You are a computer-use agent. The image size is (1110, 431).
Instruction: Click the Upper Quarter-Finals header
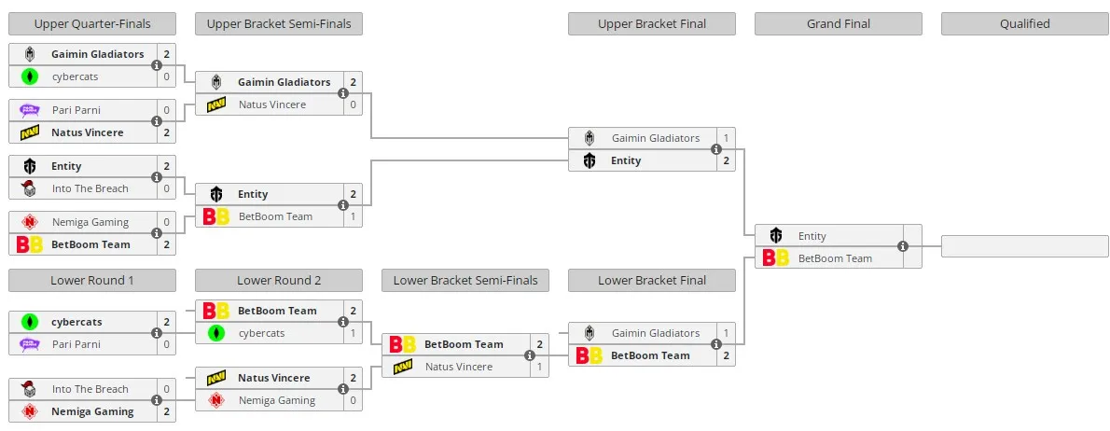click(x=92, y=24)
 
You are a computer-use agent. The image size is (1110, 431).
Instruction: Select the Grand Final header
click(x=839, y=24)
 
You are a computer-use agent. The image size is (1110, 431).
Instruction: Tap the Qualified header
click(x=1024, y=24)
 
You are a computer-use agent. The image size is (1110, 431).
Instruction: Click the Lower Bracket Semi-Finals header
click(x=465, y=280)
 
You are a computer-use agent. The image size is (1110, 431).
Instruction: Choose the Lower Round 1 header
click(x=92, y=280)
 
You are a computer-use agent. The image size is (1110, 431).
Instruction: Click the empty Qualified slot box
click(x=1024, y=246)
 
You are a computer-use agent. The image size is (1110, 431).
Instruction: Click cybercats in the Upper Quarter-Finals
click(x=75, y=76)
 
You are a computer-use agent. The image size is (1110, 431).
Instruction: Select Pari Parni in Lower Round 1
click(x=76, y=344)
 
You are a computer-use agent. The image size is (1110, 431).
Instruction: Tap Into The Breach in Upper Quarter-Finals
click(x=90, y=188)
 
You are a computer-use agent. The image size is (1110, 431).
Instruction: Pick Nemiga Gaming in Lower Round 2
click(x=277, y=400)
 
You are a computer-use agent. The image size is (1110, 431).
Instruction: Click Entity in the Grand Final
click(x=812, y=236)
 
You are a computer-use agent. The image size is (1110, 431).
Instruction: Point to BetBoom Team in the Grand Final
click(x=835, y=258)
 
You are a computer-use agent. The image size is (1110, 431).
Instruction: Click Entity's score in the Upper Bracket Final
click(x=726, y=160)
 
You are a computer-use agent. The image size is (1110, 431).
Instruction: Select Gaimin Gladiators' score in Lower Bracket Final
click(x=726, y=333)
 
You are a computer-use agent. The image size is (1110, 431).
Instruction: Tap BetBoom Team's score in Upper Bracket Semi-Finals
click(x=353, y=216)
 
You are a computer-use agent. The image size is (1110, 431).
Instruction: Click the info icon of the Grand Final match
click(x=903, y=247)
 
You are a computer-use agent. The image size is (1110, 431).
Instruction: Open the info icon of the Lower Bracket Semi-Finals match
click(x=530, y=355)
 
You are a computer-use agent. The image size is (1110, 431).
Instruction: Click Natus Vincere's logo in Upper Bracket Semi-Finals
click(x=215, y=104)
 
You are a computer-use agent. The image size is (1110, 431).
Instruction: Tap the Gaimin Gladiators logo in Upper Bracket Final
click(x=590, y=138)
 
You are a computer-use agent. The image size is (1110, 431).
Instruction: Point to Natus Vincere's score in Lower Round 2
click(x=353, y=378)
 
